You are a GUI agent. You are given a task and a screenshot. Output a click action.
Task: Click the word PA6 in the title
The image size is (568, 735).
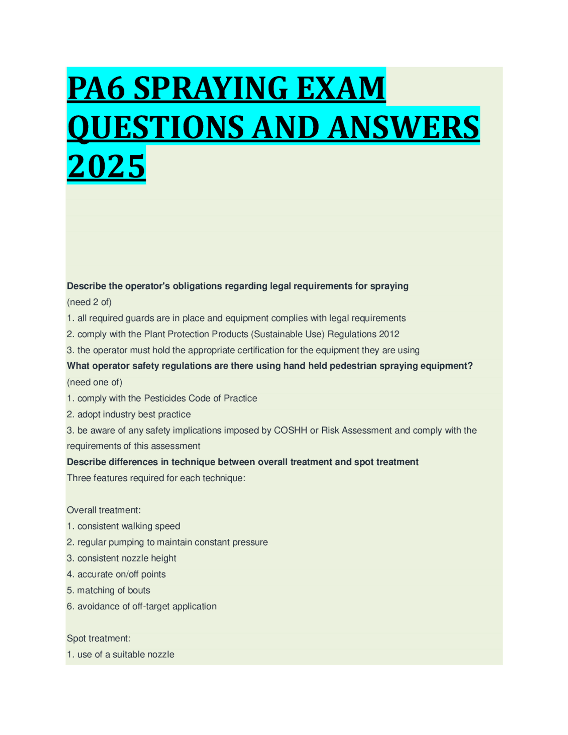tap(96, 88)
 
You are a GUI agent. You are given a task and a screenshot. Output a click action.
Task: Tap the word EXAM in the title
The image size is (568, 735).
tap(340, 88)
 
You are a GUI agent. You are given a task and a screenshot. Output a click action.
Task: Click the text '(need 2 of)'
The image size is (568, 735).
tap(89, 302)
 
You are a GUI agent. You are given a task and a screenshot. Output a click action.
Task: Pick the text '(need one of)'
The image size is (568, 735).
tap(95, 382)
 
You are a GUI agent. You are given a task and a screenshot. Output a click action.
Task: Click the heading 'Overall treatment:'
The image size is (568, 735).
tap(104, 510)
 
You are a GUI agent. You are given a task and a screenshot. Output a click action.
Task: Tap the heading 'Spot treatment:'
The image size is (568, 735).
tap(99, 638)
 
